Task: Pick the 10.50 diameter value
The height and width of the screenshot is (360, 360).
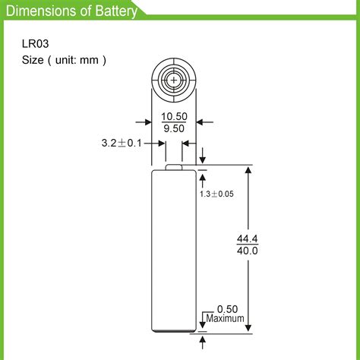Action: coord(173,116)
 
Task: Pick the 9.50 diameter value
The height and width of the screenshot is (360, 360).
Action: coord(173,128)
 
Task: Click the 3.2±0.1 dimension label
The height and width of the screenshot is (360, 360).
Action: coord(122,142)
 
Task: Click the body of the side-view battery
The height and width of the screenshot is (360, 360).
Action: coord(174,251)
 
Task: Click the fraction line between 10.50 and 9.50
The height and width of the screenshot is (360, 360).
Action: coord(173,122)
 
